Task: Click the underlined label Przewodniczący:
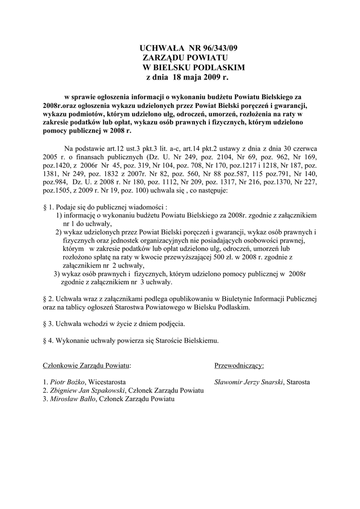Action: [239, 366]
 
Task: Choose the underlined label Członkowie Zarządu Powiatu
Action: [87, 366]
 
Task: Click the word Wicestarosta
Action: [106, 382]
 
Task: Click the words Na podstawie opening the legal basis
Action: [82, 148]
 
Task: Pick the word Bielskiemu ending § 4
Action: [199, 341]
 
